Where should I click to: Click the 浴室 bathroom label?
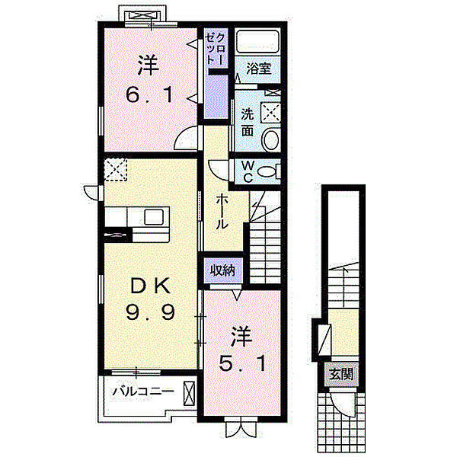point(258,69)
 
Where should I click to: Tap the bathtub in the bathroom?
point(257,41)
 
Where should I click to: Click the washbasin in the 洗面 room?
point(272,139)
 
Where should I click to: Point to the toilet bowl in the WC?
point(267,171)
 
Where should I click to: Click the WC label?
point(248,172)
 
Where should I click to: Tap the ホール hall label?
point(222,212)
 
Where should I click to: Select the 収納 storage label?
point(222,270)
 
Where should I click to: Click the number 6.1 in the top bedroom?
point(148,95)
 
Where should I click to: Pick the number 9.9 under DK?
point(150,312)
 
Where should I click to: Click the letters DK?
point(150,286)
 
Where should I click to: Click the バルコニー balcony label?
point(143,391)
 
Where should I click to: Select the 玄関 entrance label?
point(341,374)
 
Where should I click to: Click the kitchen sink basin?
point(153,217)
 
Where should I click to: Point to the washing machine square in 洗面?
point(270,112)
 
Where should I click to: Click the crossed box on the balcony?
point(189,394)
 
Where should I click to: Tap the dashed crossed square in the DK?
point(116,170)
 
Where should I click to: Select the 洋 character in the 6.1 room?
point(149,66)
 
